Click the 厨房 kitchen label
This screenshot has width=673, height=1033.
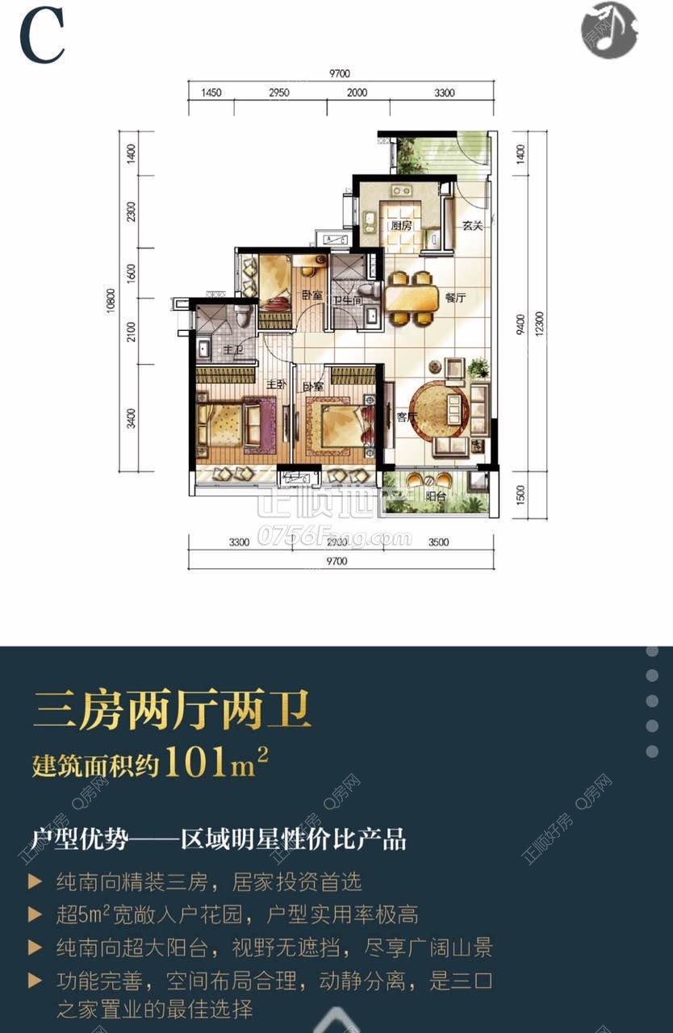(401, 226)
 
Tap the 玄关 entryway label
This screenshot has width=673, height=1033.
(472, 226)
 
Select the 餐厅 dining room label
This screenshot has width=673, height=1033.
(455, 298)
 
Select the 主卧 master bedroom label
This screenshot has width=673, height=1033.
(276, 385)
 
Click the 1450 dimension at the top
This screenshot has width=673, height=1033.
(211, 93)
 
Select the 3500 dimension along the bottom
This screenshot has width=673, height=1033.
(438, 542)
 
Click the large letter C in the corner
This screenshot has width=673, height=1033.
(42, 37)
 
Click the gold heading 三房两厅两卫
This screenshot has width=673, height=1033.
(172, 713)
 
